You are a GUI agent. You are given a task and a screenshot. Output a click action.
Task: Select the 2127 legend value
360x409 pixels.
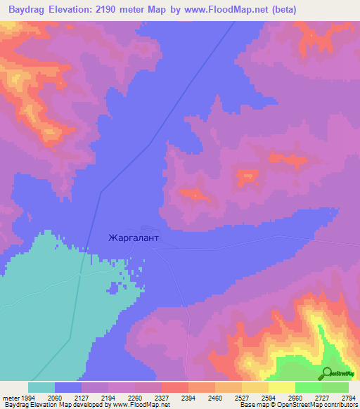[x=82, y=397]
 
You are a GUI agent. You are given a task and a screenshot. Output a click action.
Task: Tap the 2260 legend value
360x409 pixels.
[x=136, y=397]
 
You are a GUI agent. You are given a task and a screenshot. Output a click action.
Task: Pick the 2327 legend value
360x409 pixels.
[x=162, y=397]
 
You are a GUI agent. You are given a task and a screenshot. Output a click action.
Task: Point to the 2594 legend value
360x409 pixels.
[x=269, y=397]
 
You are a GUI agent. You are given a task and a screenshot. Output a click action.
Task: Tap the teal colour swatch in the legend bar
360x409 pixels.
[x=41, y=387]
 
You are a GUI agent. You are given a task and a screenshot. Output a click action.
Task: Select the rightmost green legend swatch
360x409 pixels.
[x=335, y=387]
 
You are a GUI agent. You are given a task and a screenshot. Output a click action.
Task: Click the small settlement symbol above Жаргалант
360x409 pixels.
[x=145, y=228]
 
